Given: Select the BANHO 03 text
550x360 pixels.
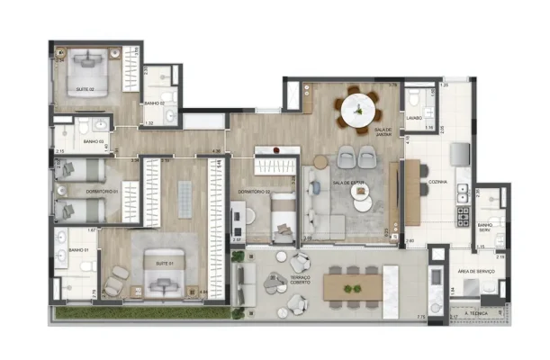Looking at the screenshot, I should (94, 142).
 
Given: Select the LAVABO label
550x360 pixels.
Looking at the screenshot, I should (414, 118).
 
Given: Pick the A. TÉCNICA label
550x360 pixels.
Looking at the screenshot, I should (477, 312).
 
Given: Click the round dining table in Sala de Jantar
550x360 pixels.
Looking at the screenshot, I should (357, 110).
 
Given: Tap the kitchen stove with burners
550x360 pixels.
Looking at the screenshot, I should (464, 217).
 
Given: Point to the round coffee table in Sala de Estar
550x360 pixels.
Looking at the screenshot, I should (363, 203).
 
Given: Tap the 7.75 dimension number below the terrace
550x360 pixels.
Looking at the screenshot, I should (420, 317).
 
